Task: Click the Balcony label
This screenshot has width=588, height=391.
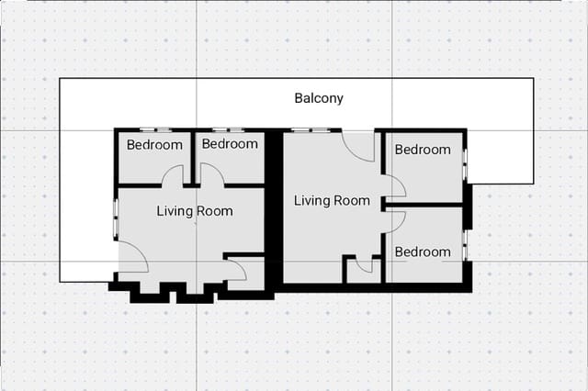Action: point(319,98)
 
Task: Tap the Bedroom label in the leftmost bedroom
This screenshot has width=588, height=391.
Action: point(154,145)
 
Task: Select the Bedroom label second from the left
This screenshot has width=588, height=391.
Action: point(230,144)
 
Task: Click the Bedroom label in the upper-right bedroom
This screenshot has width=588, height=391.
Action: point(423,150)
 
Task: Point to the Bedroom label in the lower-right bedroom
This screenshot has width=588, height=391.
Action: point(423,251)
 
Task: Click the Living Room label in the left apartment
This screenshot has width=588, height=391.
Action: point(194,211)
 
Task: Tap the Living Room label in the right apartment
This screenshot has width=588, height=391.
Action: point(332,201)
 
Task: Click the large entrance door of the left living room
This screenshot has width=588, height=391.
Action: point(134,258)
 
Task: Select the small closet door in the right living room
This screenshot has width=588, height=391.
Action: point(364,266)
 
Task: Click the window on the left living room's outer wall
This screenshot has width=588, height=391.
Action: point(115,219)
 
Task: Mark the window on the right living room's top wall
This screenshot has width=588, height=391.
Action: point(310,130)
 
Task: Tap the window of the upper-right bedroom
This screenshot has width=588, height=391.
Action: point(465,165)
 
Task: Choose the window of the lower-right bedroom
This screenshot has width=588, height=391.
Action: point(465,245)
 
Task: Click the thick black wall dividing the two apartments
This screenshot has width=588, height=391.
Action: point(273,211)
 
